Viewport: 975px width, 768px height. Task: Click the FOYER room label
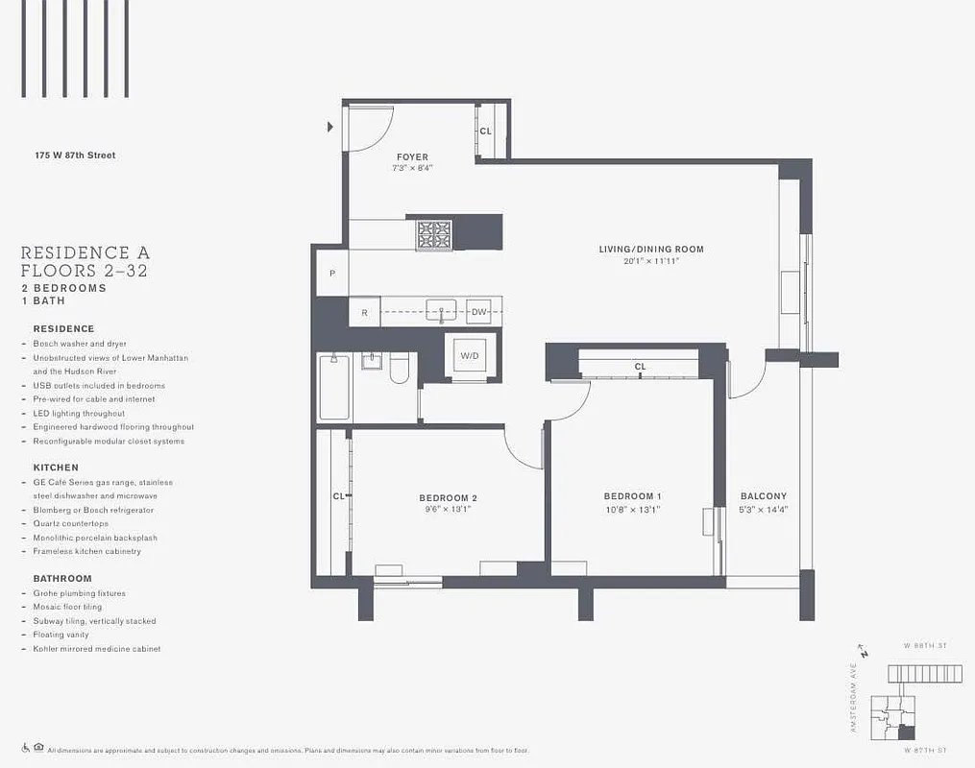click(x=412, y=156)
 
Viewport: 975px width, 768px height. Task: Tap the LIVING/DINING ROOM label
click(x=651, y=250)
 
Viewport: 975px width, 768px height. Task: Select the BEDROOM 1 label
click(x=632, y=496)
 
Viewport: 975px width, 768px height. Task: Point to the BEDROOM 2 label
click(x=448, y=497)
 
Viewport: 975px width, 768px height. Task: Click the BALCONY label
click(x=764, y=496)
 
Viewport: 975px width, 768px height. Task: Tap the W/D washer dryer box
click(x=470, y=356)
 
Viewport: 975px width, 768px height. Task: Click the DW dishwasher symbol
click(x=478, y=311)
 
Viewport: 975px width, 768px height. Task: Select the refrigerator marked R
click(x=364, y=312)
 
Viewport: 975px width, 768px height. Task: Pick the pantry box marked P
click(x=332, y=274)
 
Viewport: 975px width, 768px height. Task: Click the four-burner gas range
click(x=433, y=233)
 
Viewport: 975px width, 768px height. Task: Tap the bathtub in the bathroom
click(x=334, y=387)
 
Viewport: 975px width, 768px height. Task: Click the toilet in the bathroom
click(x=400, y=367)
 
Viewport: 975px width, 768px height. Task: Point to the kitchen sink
click(x=441, y=311)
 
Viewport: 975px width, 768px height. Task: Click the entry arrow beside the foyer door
click(x=330, y=127)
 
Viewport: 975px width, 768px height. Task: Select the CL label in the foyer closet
click(x=485, y=131)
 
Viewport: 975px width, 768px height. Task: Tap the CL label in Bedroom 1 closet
click(x=640, y=367)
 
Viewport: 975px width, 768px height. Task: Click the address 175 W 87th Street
click(x=75, y=155)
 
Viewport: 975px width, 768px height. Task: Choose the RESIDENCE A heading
click(x=85, y=253)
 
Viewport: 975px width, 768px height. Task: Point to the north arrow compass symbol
click(x=864, y=653)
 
